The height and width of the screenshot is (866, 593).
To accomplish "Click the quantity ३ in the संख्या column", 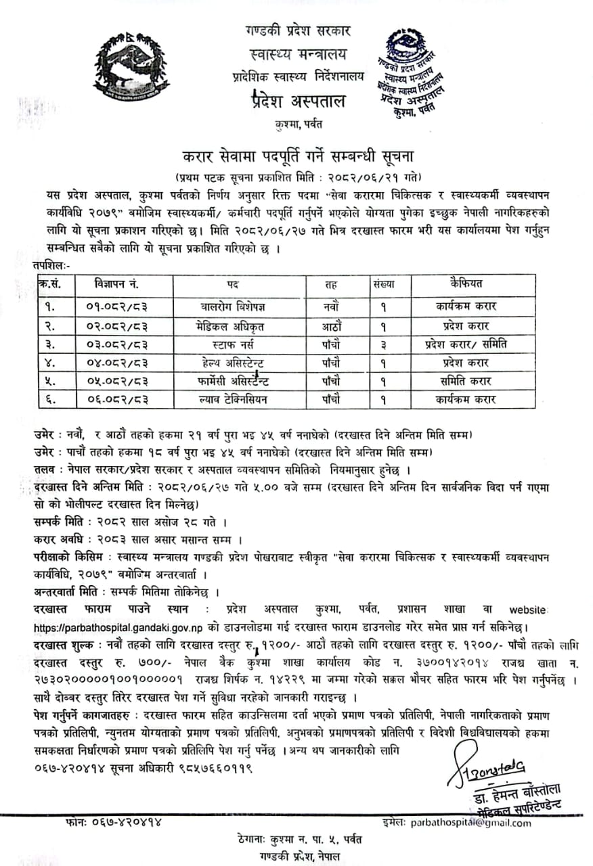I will tap(384, 344).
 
